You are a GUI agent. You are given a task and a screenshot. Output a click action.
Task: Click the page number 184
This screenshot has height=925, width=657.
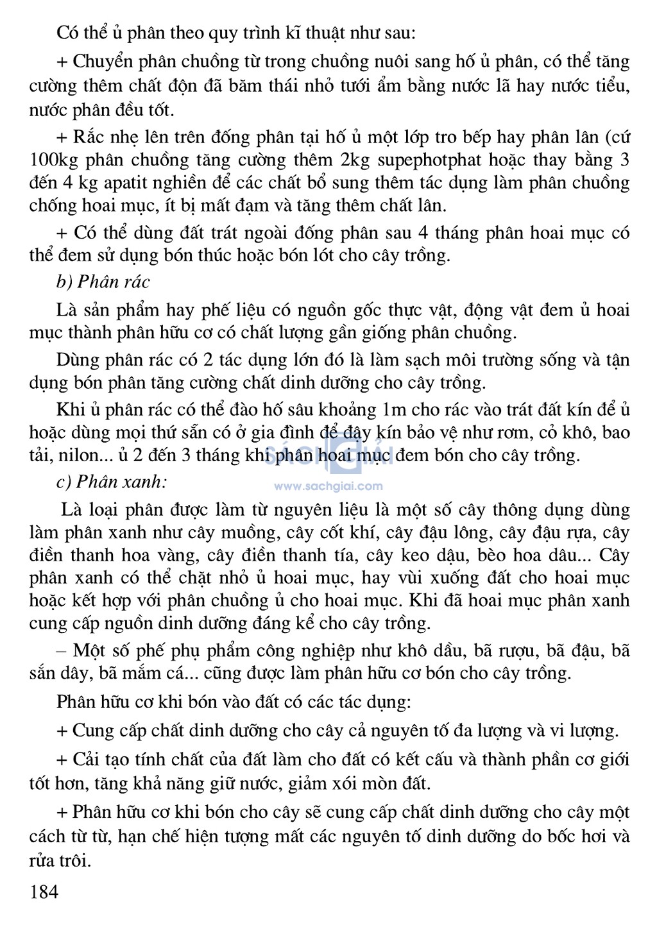44,892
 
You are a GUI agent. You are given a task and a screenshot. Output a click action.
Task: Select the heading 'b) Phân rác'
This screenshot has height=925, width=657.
103,282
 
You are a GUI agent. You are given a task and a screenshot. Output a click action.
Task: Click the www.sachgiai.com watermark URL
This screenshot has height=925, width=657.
328,486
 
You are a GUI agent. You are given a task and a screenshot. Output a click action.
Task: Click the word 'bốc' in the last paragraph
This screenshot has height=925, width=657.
558,836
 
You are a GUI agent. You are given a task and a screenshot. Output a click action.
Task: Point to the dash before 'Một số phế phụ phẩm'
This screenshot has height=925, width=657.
62,650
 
